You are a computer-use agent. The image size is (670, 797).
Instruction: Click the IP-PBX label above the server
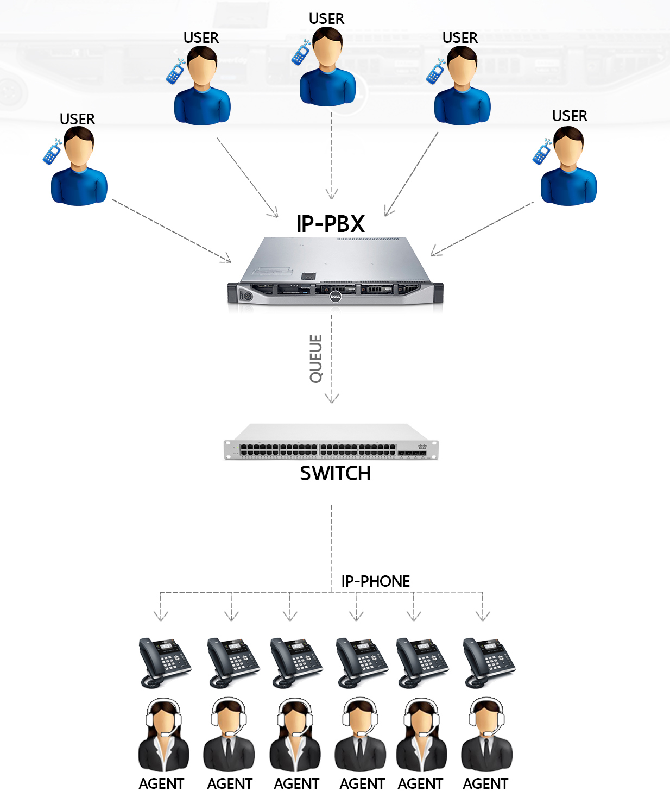click(x=330, y=224)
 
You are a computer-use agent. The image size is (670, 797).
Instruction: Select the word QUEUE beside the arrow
click(x=316, y=359)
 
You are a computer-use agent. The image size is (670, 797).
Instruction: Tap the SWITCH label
click(x=335, y=474)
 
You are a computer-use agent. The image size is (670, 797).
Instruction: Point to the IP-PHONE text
click(x=375, y=581)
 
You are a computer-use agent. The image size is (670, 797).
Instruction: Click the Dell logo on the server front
click(x=335, y=297)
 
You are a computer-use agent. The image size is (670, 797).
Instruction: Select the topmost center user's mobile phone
click(x=300, y=53)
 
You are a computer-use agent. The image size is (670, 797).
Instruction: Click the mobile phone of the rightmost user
click(x=542, y=152)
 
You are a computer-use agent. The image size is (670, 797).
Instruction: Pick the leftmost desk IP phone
click(x=164, y=662)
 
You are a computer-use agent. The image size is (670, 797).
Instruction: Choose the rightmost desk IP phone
click(x=488, y=662)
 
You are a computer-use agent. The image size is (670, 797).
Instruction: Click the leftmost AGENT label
click(x=161, y=784)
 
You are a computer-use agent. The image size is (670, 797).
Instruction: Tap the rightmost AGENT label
click(x=485, y=784)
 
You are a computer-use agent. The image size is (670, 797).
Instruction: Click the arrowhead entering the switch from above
click(x=332, y=399)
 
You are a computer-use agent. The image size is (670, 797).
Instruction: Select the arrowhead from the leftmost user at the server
click(x=227, y=259)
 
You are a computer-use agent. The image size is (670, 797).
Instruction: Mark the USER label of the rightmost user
click(x=570, y=116)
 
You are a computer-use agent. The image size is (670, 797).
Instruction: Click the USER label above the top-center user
click(x=326, y=19)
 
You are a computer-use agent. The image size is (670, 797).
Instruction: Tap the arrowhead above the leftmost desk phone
click(x=161, y=616)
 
